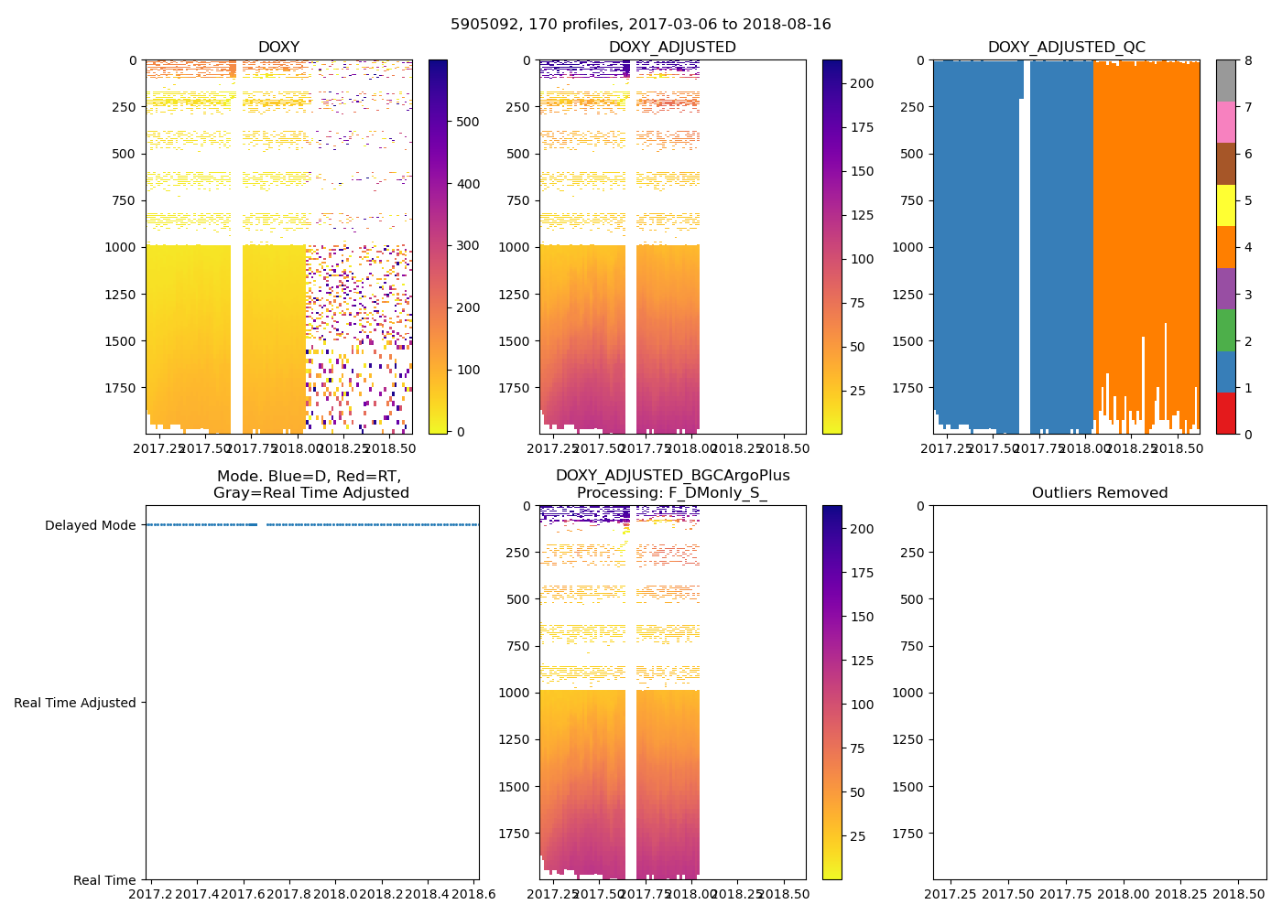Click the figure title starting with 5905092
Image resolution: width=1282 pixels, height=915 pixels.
click(640, 25)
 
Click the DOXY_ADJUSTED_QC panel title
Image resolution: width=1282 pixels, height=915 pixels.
click(1066, 48)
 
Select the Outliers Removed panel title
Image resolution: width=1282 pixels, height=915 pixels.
click(1099, 493)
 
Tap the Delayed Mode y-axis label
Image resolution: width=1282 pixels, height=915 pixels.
click(90, 525)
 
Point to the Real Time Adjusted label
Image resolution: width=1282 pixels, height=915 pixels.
click(74, 703)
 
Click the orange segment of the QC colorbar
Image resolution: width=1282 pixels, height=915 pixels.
click(1225, 247)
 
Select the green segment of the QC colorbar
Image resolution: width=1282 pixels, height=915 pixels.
click(1225, 330)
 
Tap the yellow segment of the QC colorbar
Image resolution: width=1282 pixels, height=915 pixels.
click(1225, 205)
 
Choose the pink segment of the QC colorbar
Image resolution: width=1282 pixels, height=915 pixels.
click(1225, 122)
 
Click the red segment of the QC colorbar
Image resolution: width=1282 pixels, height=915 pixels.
click(1225, 414)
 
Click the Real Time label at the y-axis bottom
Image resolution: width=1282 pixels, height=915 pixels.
click(104, 880)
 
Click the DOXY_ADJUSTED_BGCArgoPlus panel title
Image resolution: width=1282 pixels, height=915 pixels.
click(672, 484)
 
